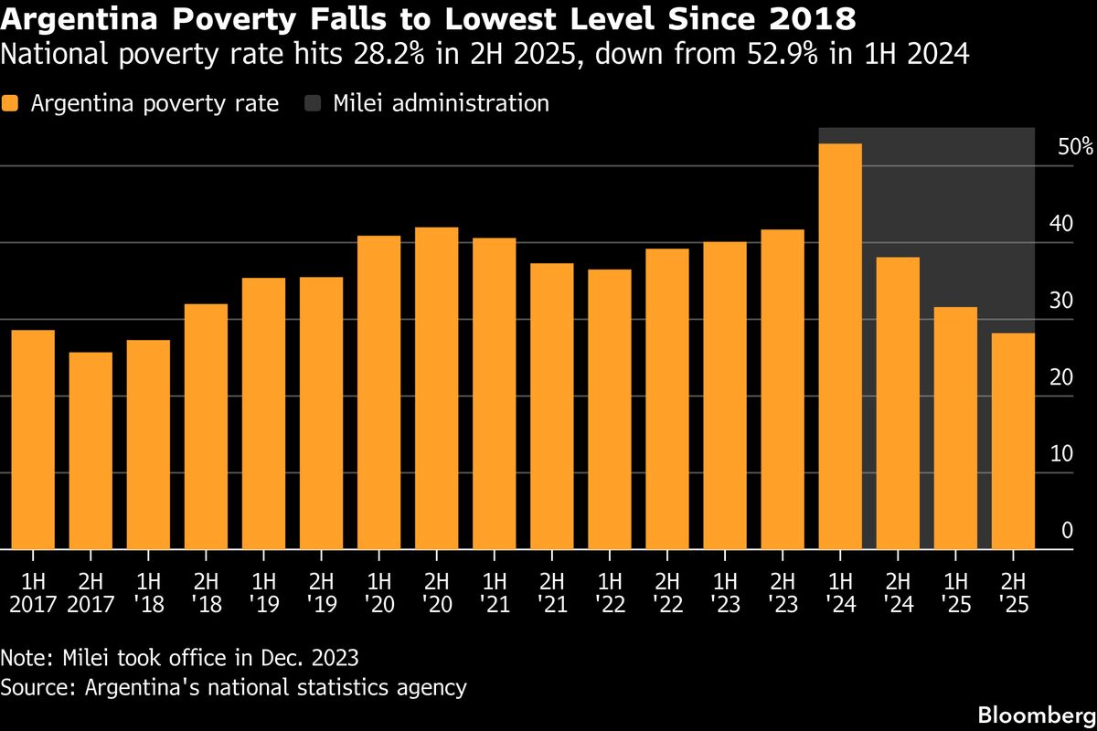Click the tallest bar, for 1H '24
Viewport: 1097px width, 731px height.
tap(840, 347)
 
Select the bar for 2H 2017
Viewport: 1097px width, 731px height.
tap(91, 451)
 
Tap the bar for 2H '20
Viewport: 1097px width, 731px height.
tap(436, 388)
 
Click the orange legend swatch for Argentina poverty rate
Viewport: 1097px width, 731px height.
tap(10, 103)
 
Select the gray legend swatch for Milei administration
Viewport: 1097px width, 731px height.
tap(312, 103)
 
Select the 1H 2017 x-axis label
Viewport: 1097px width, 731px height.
tap(33, 592)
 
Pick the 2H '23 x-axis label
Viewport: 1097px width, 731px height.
tap(783, 592)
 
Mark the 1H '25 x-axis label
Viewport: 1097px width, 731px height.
tap(955, 592)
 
